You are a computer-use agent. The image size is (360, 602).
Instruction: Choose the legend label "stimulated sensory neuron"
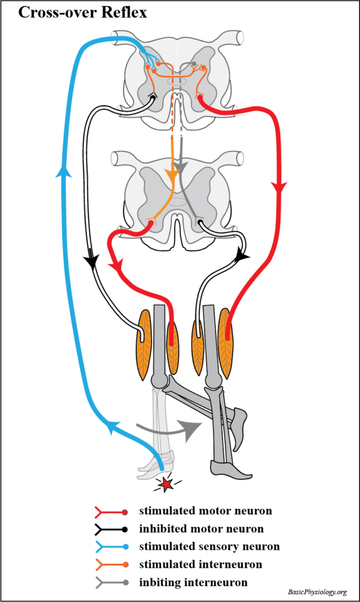[209, 547]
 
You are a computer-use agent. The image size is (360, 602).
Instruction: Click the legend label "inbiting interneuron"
[194, 583]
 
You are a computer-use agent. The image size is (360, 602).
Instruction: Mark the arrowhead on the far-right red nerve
[279, 188]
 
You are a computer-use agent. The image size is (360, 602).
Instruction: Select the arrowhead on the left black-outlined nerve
[92, 259]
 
